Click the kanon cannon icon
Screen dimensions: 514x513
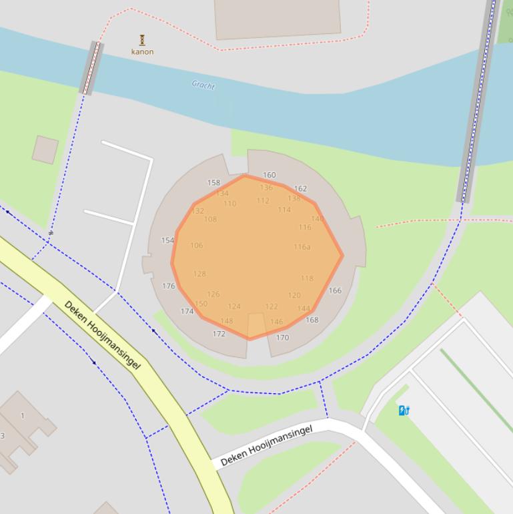[x=141, y=40]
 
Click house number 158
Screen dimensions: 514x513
[x=213, y=182]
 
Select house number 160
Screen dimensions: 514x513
[x=269, y=175]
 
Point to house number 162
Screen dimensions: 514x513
[x=300, y=188]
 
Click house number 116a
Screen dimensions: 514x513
[x=302, y=246]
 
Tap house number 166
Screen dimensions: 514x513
[x=335, y=290]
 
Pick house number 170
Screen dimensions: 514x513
[x=282, y=337]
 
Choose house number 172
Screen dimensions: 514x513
[x=219, y=334]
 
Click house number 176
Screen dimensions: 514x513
[x=168, y=286]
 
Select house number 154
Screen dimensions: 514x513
[x=167, y=240]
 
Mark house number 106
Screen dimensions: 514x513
[x=196, y=245]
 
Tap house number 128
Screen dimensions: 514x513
[x=199, y=274]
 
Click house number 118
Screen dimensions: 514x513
[x=307, y=278]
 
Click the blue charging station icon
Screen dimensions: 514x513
[x=404, y=411]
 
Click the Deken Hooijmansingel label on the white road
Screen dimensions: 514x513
[x=266, y=445]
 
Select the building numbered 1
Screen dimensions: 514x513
[x=22, y=415]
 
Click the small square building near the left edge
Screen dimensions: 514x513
[x=45, y=150]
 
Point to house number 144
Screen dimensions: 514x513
[x=304, y=308]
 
